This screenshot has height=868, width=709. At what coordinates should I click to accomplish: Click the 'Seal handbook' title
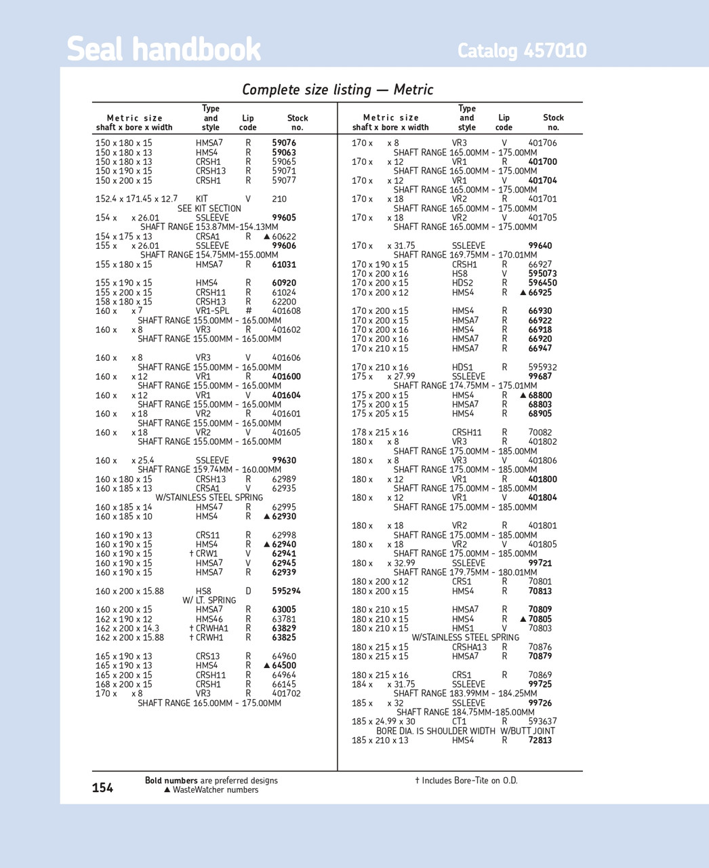(x=163, y=50)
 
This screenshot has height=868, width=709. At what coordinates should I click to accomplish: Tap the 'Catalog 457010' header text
(x=522, y=51)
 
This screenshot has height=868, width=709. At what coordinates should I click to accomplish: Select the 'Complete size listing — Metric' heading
(x=338, y=90)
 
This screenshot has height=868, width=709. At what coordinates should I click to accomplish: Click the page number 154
(x=102, y=787)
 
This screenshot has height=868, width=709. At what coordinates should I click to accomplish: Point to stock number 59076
(x=284, y=143)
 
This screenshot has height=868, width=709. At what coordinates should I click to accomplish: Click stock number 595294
(x=286, y=591)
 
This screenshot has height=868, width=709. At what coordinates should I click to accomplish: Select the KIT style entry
(x=202, y=199)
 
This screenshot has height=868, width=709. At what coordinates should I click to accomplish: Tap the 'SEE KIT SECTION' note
(x=209, y=209)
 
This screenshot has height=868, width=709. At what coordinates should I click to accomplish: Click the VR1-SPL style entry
(x=212, y=311)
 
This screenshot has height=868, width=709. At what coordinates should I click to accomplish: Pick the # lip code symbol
(x=248, y=311)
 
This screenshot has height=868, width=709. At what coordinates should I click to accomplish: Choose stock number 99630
(x=284, y=460)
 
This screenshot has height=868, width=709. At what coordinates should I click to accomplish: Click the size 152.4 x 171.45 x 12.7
(x=136, y=199)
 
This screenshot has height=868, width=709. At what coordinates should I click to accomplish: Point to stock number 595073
(x=542, y=274)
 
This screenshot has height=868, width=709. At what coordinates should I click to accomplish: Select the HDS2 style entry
(x=462, y=283)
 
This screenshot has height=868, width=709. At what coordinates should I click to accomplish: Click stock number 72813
(x=540, y=741)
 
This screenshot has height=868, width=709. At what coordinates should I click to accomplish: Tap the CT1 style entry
(x=459, y=722)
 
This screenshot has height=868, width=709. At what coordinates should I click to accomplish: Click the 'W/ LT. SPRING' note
(x=209, y=600)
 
